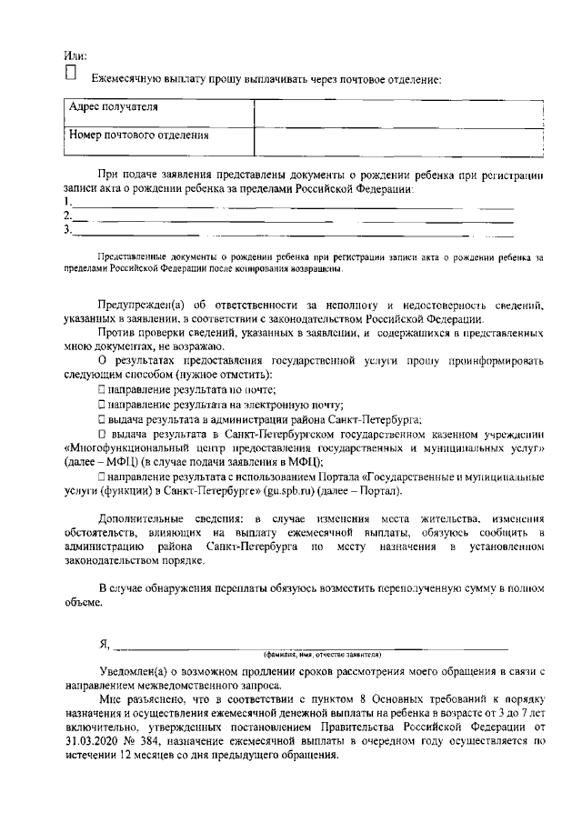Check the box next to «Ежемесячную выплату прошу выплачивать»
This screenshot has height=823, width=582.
click(x=72, y=75)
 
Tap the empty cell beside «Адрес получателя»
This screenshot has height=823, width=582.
click(x=399, y=111)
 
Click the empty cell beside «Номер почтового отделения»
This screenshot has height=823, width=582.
click(x=399, y=139)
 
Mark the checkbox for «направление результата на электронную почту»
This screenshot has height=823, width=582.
click(x=103, y=405)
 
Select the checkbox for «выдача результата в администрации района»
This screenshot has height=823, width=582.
click(x=103, y=420)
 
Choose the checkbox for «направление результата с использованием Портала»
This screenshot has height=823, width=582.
click(x=103, y=477)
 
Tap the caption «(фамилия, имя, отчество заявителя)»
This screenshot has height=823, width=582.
click(x=322, y=655)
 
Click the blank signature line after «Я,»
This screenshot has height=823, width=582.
click(x=309, y=647)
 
